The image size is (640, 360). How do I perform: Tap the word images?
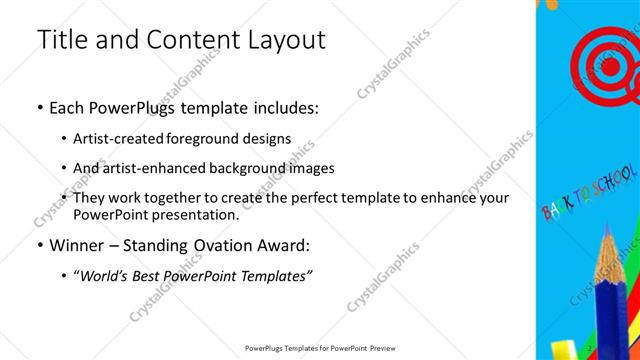pos(312,168)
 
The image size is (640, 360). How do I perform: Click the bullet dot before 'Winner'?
pos(39,246)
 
